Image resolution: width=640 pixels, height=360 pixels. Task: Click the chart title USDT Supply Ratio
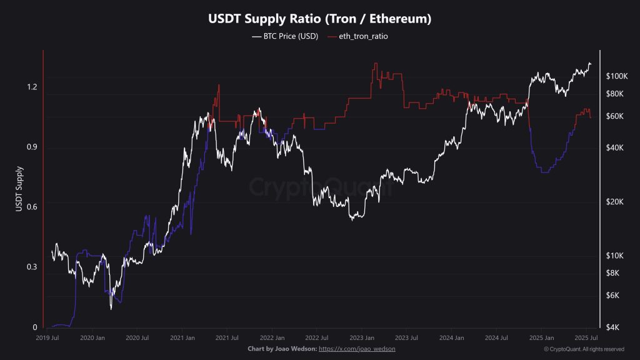coord(319,19)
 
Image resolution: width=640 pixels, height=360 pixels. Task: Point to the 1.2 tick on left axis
coord(31,86)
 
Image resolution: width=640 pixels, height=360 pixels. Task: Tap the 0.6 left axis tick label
coord(31,207)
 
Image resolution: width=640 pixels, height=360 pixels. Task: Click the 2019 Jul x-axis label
coord(48,337)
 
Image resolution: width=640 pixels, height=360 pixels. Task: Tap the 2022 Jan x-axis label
coord(272,337)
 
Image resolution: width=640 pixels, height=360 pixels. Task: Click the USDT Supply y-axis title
coord(19,187)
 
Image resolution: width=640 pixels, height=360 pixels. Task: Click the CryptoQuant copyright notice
coord(584,349)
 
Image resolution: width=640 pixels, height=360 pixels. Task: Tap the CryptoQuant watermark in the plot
coord(320,186)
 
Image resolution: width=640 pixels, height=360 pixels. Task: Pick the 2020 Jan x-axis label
coord(92,337)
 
